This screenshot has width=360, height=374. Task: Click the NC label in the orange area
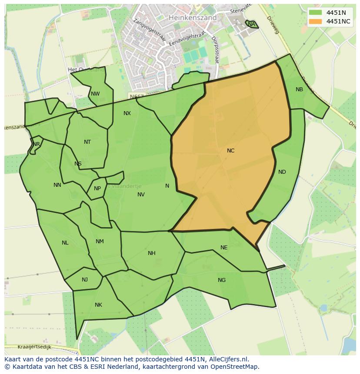click(x=230, y=151)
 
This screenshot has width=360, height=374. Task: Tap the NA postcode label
click(x=251, y=24)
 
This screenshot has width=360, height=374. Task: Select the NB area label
click(x=299, y=89)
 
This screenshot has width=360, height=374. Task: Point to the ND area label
click(x=282, y=172)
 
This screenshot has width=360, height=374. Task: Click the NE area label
click(x=223, y=248)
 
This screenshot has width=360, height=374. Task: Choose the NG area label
click(x=222, y=280)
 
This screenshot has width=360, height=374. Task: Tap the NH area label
click(x=151, y=253)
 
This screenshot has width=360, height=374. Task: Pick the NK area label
click(x=98, y=305)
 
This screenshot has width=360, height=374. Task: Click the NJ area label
click(x=84, y=279)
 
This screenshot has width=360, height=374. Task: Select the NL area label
click(x=65, y=243)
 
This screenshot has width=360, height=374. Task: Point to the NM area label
click(x=100, y=242)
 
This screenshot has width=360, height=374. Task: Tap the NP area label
click(x=97, y=189)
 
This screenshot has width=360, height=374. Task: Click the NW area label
click(x=95, y=94)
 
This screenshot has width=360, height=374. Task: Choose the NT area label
click(x=87, y=142)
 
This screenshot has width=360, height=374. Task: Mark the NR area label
click(x=37, y=144)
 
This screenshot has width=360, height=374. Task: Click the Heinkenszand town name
click(x=192, y=18)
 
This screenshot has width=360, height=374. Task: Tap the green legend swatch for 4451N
click(x=316, y=13)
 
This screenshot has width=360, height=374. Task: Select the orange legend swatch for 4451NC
click(x=316, y=21)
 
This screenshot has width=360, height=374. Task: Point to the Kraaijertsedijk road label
click(x=34, y=347)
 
